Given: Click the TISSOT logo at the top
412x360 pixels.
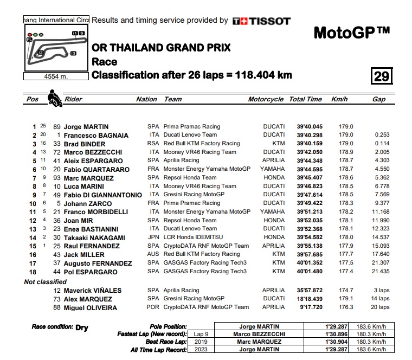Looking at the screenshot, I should coord(261,21).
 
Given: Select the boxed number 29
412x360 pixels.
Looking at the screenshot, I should coord(382,76).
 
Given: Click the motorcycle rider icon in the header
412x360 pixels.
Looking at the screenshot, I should coord(54,99).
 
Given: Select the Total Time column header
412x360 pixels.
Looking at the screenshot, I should coord(305,99).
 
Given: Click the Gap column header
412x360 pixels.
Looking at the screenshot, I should coord(379,99).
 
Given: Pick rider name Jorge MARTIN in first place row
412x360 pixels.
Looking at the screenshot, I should coord(86,127).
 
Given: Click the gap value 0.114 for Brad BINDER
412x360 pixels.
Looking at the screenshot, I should coord(382,144).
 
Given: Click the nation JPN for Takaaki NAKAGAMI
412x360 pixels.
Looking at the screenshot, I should coord(153,237).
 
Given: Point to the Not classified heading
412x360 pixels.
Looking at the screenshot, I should coord(46,282).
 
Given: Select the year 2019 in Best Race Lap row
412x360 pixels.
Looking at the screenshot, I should coord(200,342).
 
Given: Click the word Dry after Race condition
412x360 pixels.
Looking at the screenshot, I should coord(82,327).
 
